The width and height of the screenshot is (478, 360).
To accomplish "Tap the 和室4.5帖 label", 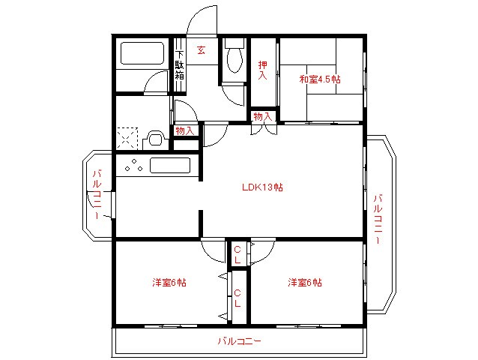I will (320, 78).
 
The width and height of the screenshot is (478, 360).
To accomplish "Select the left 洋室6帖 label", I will (169, 283).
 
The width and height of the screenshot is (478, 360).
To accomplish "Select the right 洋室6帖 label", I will (305, 283).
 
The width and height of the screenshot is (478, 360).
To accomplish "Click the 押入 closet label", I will (263, 70).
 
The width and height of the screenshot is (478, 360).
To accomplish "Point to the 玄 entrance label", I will (202, 50).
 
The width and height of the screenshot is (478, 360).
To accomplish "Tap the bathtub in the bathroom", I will (142, 55).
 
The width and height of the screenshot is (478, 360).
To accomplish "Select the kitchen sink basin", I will (172, 166).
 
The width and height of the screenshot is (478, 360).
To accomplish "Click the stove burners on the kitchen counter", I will (131, 166).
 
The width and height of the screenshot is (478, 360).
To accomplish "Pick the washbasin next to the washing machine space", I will (155, 139).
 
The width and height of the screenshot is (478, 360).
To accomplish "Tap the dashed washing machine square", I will (127, 139).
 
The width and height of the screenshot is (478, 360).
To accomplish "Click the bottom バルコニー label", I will (239, 341).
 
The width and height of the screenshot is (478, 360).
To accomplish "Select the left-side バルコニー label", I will (97, 194).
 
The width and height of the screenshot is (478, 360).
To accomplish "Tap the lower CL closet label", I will (237, 298).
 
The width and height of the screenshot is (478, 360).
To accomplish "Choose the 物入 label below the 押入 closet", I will (263, 116).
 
